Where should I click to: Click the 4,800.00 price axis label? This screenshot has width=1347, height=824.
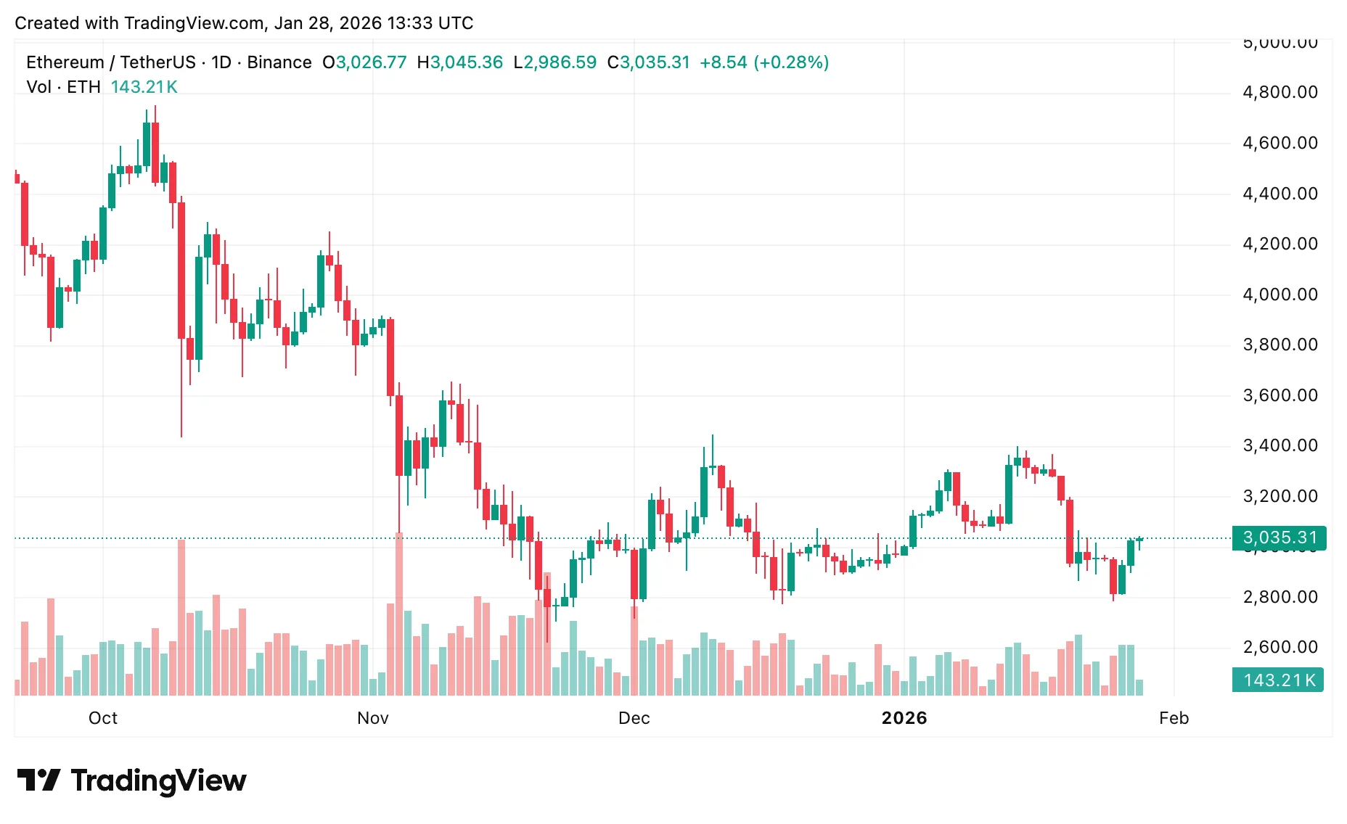click(x=1280, y=92)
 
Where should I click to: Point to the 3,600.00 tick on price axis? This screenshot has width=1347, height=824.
click(x=1280, y=395)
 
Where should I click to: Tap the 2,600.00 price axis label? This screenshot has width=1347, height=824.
click(x=1280, y=647)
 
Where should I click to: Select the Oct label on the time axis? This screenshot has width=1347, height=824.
click(x=102, y=718)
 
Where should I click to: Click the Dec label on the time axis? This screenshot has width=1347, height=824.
click(x=634, y=718)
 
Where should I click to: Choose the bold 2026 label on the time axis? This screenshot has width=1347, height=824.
click(x=904, y=718)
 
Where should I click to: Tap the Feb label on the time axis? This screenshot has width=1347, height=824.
click(x=1174, y=718)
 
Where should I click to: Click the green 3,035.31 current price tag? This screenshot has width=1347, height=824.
click(x=1279, y=537)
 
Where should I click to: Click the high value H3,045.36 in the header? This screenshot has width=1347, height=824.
click(x=460, y=62)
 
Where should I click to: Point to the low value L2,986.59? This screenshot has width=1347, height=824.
click(x=554, y=62)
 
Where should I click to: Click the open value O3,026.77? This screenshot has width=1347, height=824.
click(x=364, y=62)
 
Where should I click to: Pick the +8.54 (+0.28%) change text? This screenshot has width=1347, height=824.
click(x=763, y=62)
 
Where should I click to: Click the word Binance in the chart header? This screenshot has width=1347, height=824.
click(x=279, y=62)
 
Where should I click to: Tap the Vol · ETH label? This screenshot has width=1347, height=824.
click(x=63, y=87)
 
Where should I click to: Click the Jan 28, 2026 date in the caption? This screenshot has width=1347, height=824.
click(x=319, y=23)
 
